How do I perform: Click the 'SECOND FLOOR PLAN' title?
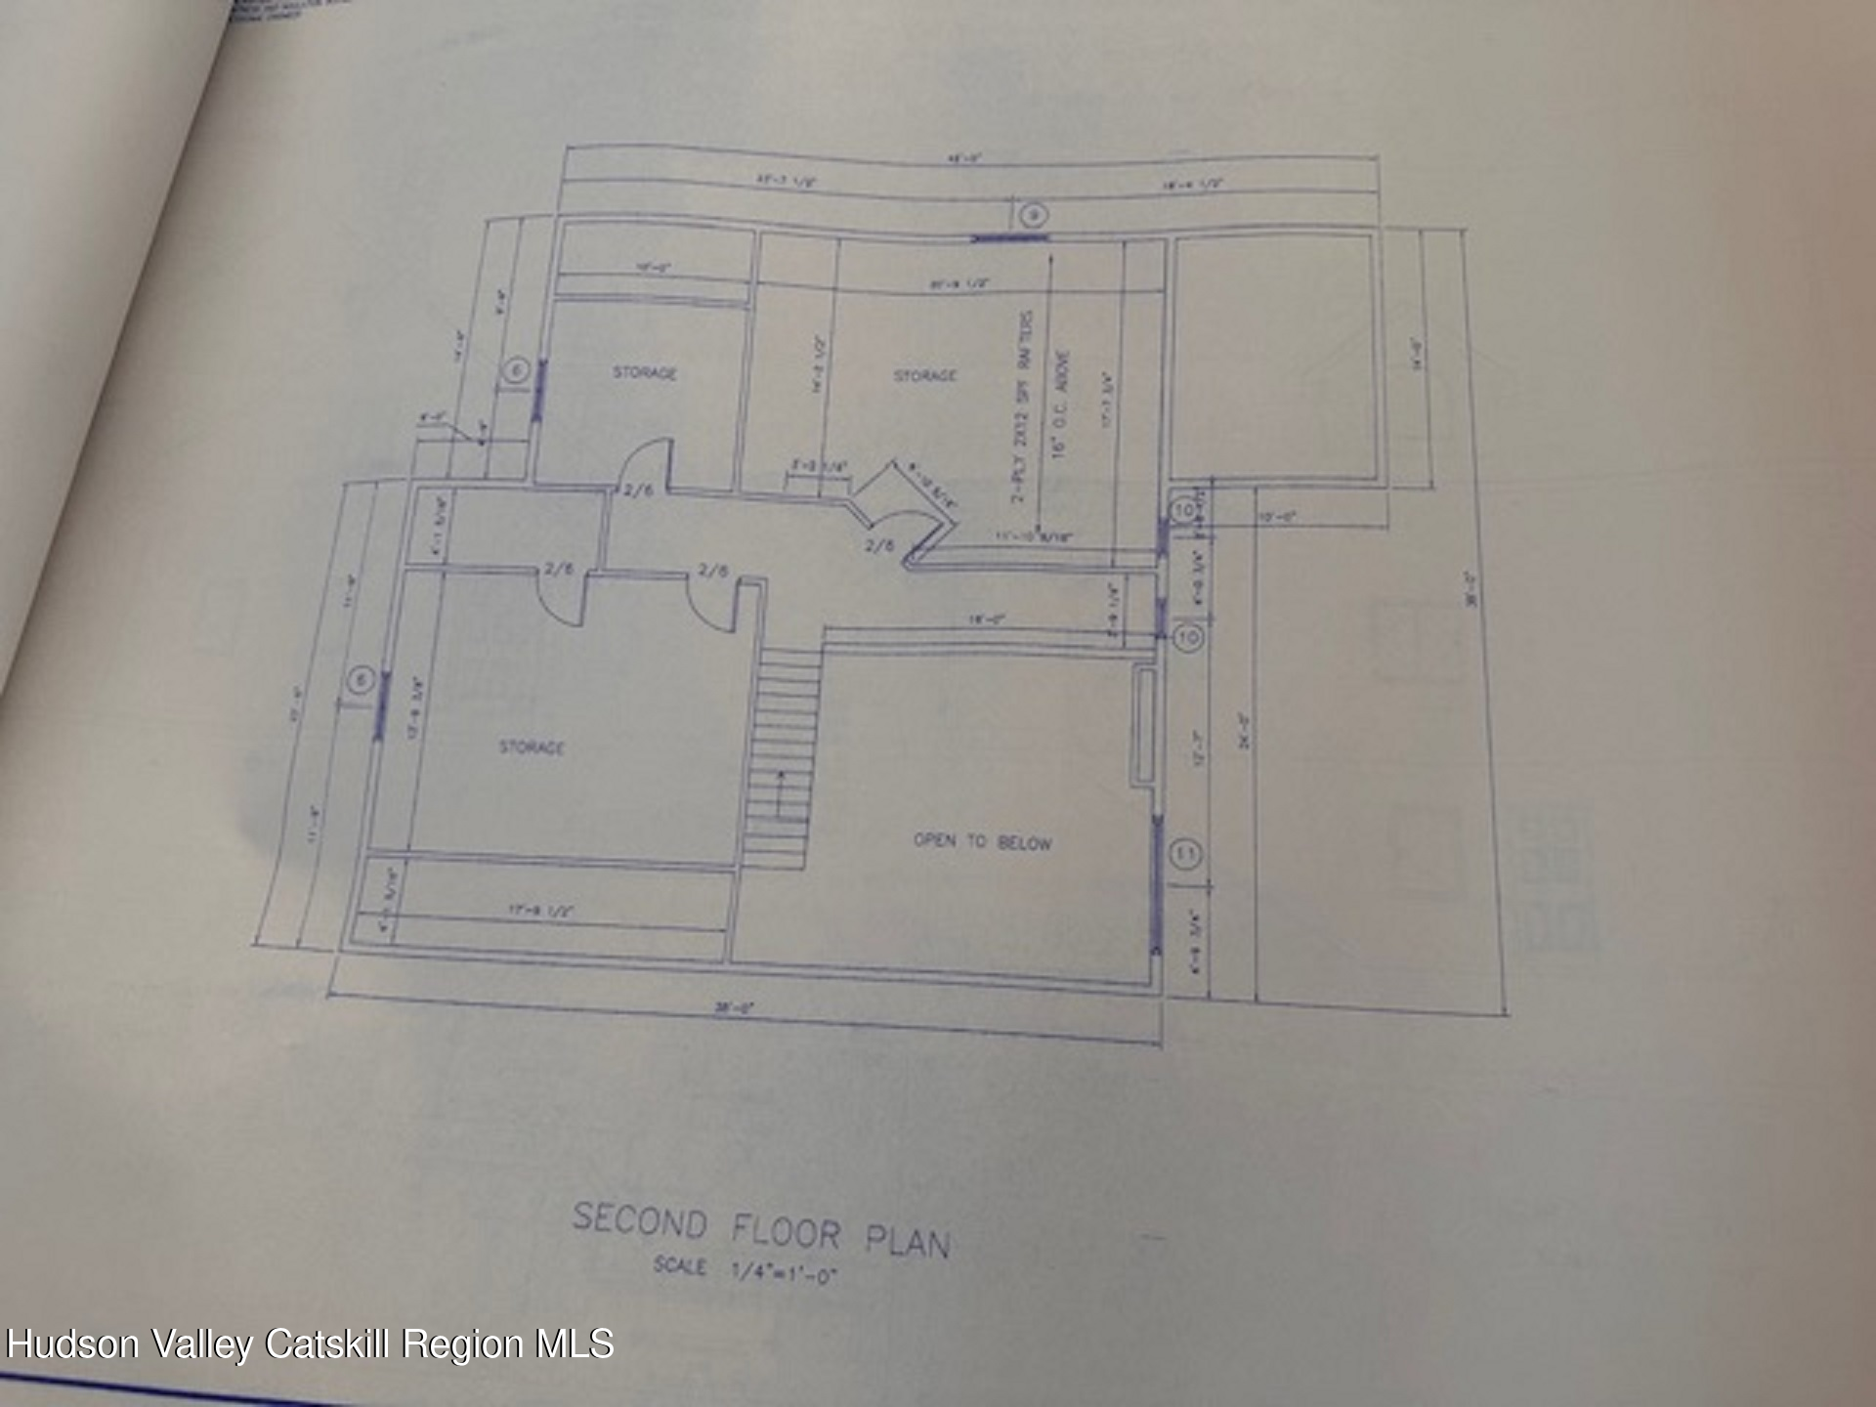[x=760, y=1231]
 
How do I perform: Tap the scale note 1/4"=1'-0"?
[x=745, y=1270]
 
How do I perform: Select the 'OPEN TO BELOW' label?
[x=982, y=841]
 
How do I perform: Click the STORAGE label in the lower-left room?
[x=532, y=747]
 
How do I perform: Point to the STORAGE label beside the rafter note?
[x=925, y=375]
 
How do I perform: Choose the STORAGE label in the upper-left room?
[x=644, y=372]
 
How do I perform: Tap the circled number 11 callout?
[x=1185, y=854]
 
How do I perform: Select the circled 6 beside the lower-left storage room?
[x=361, y=680]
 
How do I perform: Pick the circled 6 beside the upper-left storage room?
[x=516, y=370]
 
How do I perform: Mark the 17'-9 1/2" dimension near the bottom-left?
[x=539, y=910]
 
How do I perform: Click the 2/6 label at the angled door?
[x=879, y=545]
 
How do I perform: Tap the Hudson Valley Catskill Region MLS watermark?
[x=310, y=1344]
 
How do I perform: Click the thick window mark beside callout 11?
[x=1158, y=884]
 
